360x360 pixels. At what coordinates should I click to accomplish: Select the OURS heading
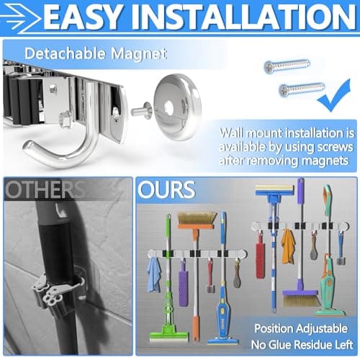(x=167, y=190)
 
